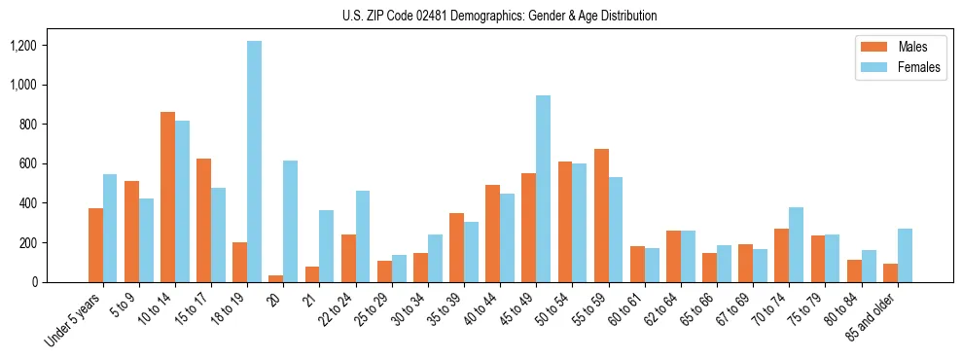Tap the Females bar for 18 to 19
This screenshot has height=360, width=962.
(254, 162)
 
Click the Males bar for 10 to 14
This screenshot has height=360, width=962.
(167, 198)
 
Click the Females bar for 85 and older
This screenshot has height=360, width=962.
(905, 256)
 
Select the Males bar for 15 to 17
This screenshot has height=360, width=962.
(203, 221)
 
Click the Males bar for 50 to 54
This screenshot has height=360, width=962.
(565, 222)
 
